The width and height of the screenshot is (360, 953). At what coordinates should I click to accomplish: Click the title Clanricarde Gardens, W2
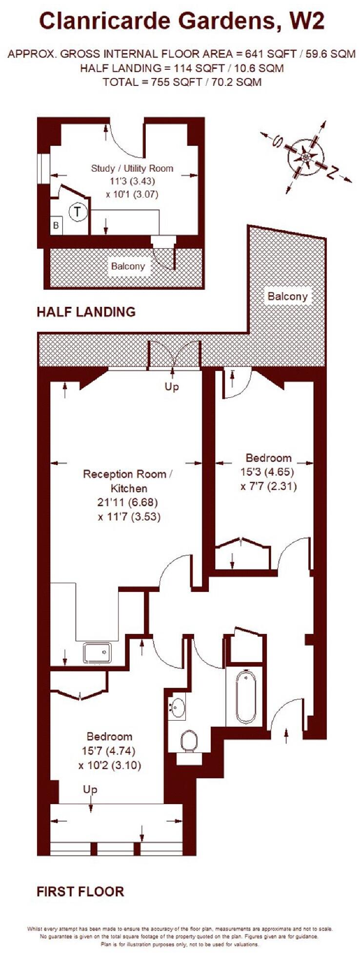tap(181, 22)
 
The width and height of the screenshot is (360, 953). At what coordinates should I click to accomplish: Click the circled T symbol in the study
tap(77, 212)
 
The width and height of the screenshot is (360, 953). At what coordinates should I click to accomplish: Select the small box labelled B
tap(56, 225)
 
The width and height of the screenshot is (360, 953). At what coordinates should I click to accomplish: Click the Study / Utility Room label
tap(132, 168)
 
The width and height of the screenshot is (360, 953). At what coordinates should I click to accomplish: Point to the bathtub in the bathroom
tap(244, 697)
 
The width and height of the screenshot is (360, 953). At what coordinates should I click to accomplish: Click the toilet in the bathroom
tap(188, 741)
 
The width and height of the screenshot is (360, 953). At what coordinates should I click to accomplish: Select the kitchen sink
tap(97, 653)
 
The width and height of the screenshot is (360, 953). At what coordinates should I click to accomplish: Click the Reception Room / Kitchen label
tap(128, 481)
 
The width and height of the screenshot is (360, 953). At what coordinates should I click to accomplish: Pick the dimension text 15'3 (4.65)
tap(269, 472)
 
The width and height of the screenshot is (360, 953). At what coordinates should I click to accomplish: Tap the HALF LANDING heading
tap(86, 312)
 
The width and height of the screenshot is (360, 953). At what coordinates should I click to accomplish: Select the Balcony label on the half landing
tap(128, 266)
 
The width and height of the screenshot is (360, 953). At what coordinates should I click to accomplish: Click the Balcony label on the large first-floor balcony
tap(287, 296)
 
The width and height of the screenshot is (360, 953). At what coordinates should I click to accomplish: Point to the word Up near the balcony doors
tap(172, 386)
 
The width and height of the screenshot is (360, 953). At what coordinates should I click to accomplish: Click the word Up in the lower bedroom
tap(90, 789)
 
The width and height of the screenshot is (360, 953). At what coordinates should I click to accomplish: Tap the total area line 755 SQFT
tap(181, 82)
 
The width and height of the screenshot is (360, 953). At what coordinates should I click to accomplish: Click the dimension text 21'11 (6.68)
tap(129, 502)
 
